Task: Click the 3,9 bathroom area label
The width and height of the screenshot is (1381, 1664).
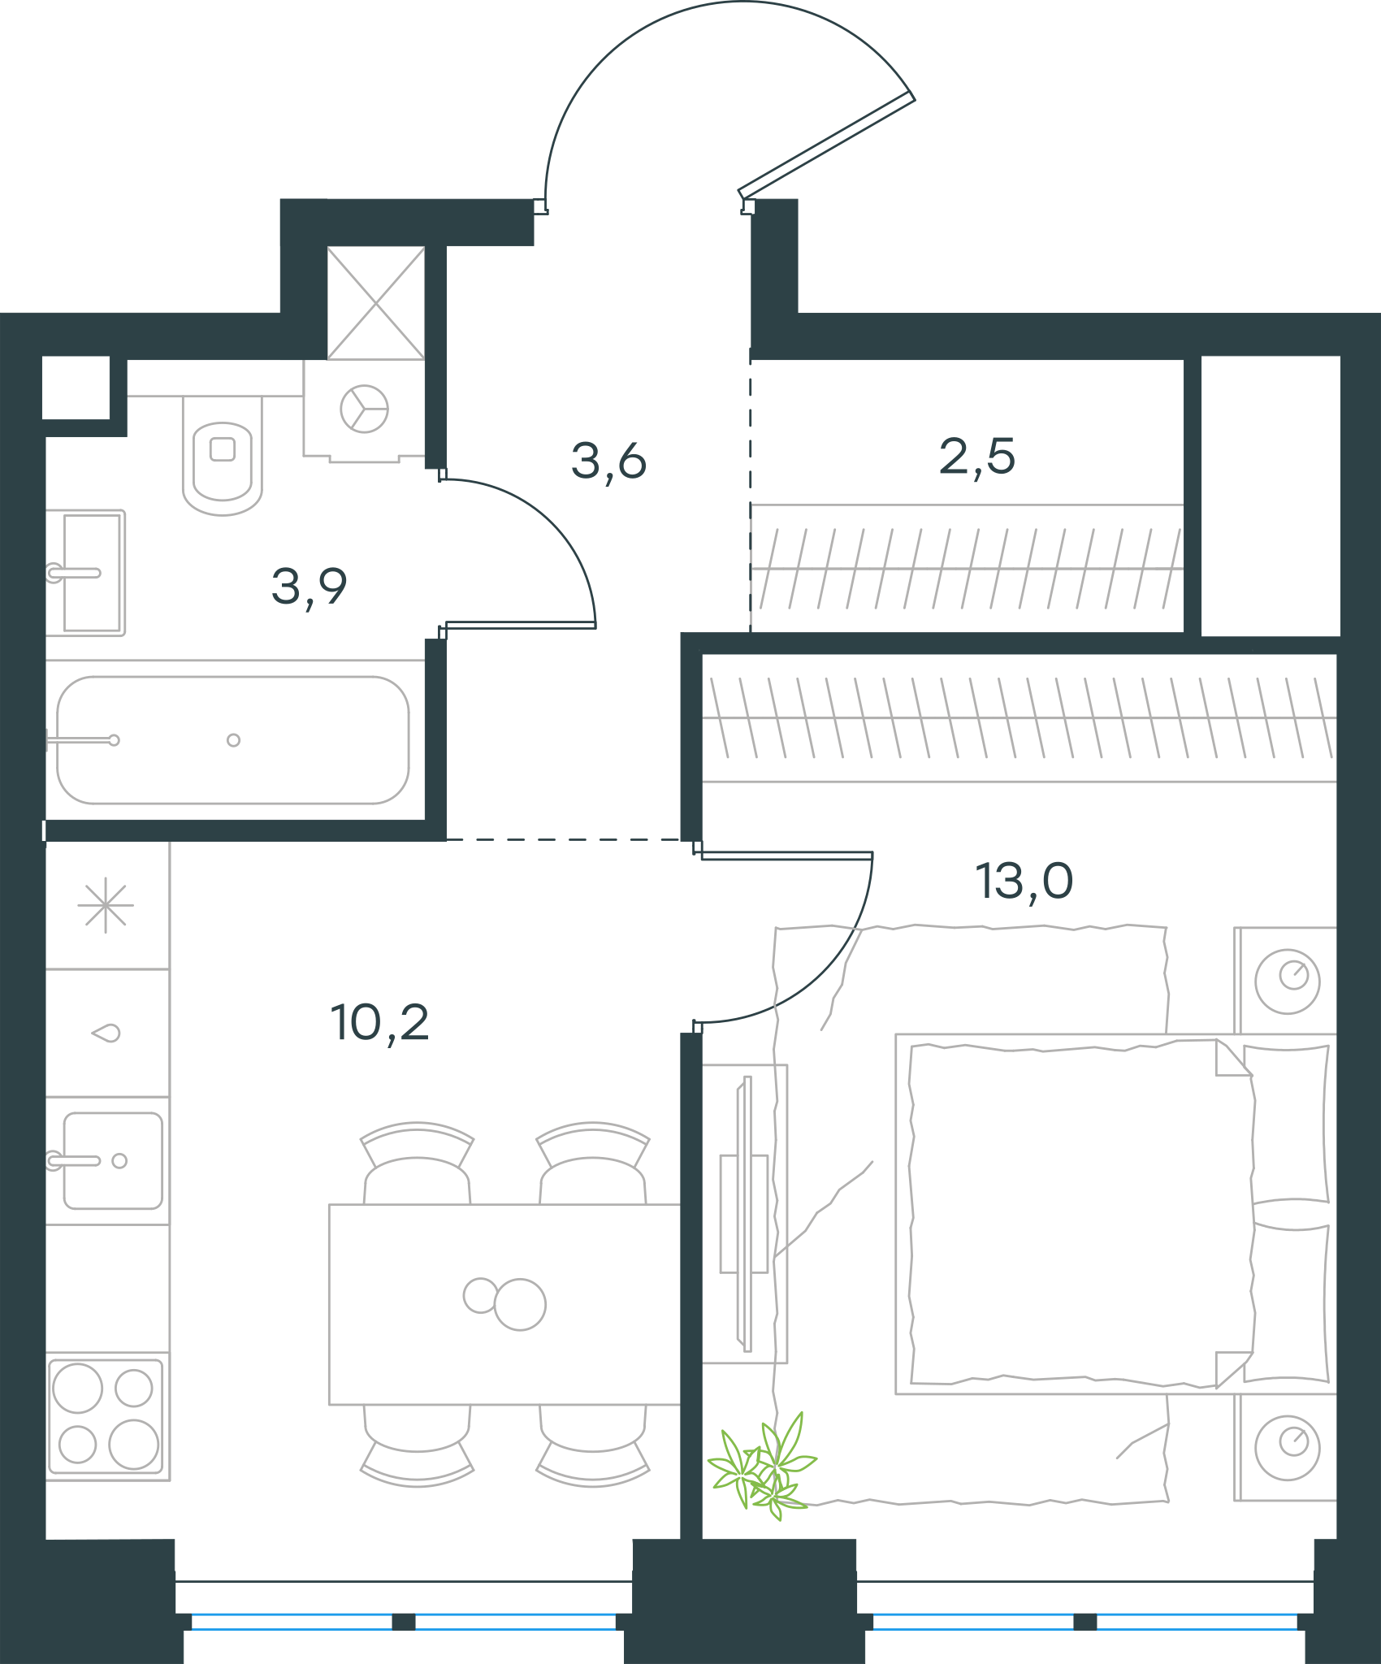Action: tap(310, 587)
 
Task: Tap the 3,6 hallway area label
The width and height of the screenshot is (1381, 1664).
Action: tap(608, 461)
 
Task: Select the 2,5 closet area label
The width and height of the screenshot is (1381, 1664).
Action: tap(977, 457)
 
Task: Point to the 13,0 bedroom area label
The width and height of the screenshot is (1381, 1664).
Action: tap(1024, 882)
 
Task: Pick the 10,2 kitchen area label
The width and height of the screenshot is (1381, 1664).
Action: tap(379, 1023)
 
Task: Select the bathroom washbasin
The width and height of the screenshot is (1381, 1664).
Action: tap(85, 573)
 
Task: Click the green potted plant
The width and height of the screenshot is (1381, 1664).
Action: tap(761, 1467)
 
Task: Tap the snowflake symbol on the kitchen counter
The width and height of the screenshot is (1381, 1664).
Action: tap(106, 906)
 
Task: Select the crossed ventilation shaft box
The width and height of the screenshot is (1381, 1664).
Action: tap(376, 303)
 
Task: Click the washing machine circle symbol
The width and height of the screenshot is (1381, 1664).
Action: tap(364, 409)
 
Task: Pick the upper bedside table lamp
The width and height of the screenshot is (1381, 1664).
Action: tap(1287, 981)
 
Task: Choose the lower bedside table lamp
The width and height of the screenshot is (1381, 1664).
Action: tap(1287, 1447)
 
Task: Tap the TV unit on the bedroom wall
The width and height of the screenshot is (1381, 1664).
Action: tap(745, 1214)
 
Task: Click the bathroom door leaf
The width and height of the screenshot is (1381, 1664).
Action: tap(520, 625)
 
